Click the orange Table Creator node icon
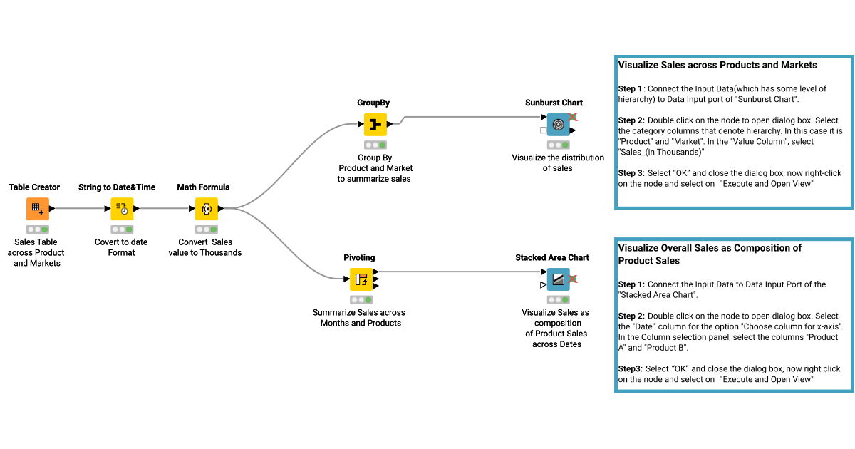pyautogui.click(x=38, y=209)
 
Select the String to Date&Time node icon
pyautogui.click(x=122, y=209)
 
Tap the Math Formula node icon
pyautogui.click(x=206, y=209)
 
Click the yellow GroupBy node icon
pyautogui.click(x=375, y=125)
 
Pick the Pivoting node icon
pyautogui.click(x=361, y=279)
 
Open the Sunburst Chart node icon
pyautogui.click(x=558, y=125)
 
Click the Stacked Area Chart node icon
pyautogui.click(x=558, y=279)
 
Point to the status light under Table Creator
pyautogui.click(x=38, y=229)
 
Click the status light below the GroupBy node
pyautogui.click(x=375, y=145)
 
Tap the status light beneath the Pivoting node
pyautogui.click(x=361, y=299)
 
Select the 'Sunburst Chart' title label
pyautogui.click(x=554, y=103)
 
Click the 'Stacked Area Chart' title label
pyautogui.click(x=552, y=257)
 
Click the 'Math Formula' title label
pyautogui.click(x=203, y=187)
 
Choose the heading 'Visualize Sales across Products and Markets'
pyautogui.click(x=717, y=65)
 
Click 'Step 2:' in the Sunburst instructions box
pyautogui.click(x=631, y=120)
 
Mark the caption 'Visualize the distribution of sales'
pyautogui.click(x=557, y=162)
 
